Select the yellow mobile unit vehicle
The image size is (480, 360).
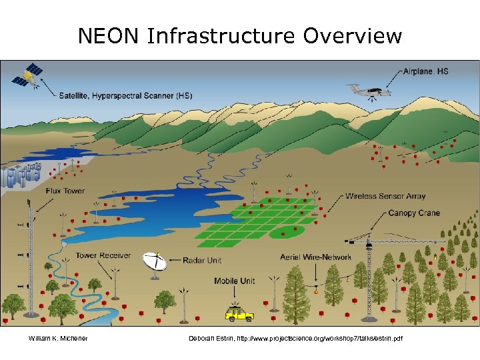point(239,313)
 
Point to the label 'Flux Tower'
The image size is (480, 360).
point(65,191)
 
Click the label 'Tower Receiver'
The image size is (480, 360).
point(103,255)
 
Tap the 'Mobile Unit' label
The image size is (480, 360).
point(234,281)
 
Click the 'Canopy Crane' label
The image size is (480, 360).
point(414,213)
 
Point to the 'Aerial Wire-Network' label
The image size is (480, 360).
point(316,257)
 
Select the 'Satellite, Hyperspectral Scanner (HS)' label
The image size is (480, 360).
point(126,95)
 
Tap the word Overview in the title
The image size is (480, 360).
point(353,36)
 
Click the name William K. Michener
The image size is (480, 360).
point(58,339)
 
